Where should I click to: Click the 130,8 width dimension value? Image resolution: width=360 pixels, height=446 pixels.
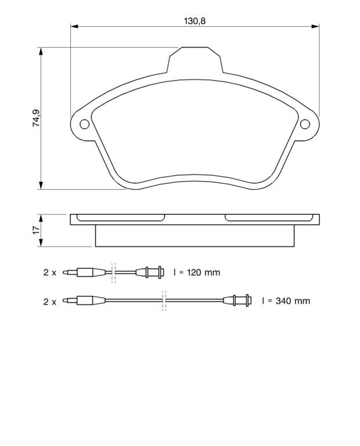click(195, 21)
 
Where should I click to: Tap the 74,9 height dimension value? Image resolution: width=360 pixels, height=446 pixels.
click(36, 118)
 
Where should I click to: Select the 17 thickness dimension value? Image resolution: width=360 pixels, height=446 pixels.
click(36, 231)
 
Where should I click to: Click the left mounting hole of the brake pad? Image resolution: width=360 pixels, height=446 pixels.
click(84, 124)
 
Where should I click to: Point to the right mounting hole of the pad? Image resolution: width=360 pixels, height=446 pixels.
click(305, 124)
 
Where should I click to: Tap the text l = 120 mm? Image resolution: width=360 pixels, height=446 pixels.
click(197, 272)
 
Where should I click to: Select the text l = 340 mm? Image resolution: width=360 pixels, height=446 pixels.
click(286, 301)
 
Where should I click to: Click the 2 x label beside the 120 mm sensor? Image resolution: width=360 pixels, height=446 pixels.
click(50, 272)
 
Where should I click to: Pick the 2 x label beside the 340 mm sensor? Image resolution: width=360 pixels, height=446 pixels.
click(50, 301)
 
